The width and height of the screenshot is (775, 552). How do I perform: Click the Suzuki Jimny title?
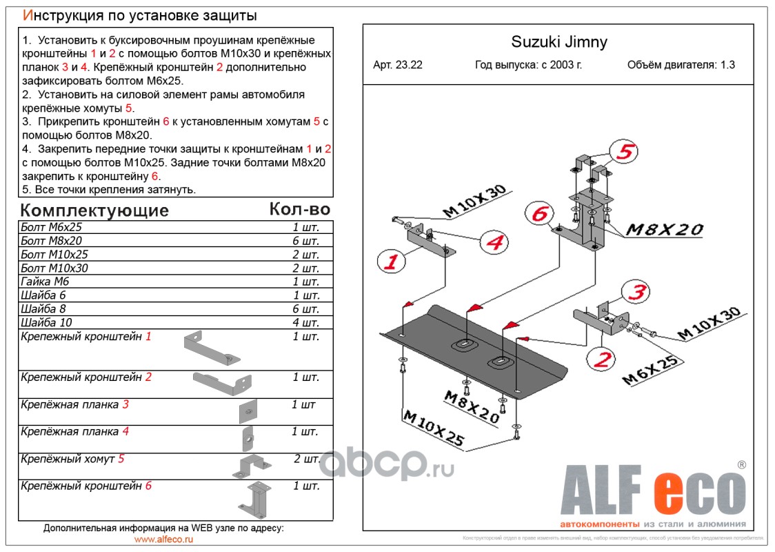[558, 42]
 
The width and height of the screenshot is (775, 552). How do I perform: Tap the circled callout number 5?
[624, 152]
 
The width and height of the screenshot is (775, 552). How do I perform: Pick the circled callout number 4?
[494, 242]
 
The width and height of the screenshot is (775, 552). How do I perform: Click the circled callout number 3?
[636, 293]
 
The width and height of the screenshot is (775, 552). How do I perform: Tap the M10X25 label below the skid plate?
[433, 428]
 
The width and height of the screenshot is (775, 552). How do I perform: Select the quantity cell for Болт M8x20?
[305, 241]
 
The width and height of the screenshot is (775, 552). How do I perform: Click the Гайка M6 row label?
[46, 282]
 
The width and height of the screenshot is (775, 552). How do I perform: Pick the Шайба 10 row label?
[47, 322]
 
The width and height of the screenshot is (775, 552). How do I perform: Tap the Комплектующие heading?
[94, 210]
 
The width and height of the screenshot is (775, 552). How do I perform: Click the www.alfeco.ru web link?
[163, 540]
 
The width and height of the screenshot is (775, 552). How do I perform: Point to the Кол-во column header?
[299, 209]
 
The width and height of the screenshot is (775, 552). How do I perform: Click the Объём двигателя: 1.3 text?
[681, 65]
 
